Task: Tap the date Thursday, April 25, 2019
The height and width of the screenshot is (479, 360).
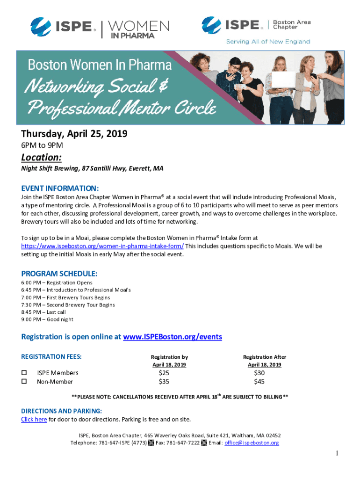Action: pyautogui.click(x=74, y=134)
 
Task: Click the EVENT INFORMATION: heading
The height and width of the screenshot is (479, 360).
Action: pyautogui.click(x=60, y=188)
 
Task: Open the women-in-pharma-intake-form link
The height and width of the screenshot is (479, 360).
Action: pyautogui.click(x=102, y=246)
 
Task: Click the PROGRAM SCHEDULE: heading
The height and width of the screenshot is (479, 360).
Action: pyautogui.click(x=59, y=274)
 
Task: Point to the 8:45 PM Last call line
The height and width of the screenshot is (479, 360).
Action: pyautogui.click(x=43, y=312)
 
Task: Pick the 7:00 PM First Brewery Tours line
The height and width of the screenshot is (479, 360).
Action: pyautogui.click(x=65, y=298)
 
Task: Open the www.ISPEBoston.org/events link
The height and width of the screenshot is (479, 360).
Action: pyautogui.click(x=172, y=337)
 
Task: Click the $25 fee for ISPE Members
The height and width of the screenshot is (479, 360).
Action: pyautogui.click(x=164, y=373)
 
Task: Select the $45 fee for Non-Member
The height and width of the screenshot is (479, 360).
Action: pyautogui.click(x=259, y=382)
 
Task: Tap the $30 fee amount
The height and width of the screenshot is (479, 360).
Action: pyautogui.click(x=259, y=373)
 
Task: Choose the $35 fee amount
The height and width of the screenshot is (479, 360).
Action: pyautogui.click(x=164, y=382)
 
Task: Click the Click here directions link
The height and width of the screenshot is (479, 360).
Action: pyautogui.click(x=34, y=419)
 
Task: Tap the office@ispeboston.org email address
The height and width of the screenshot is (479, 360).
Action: pyautogui.click(x=252, y=443)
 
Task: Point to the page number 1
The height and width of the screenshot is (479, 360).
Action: pyautogui.click(x=336, y=454)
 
